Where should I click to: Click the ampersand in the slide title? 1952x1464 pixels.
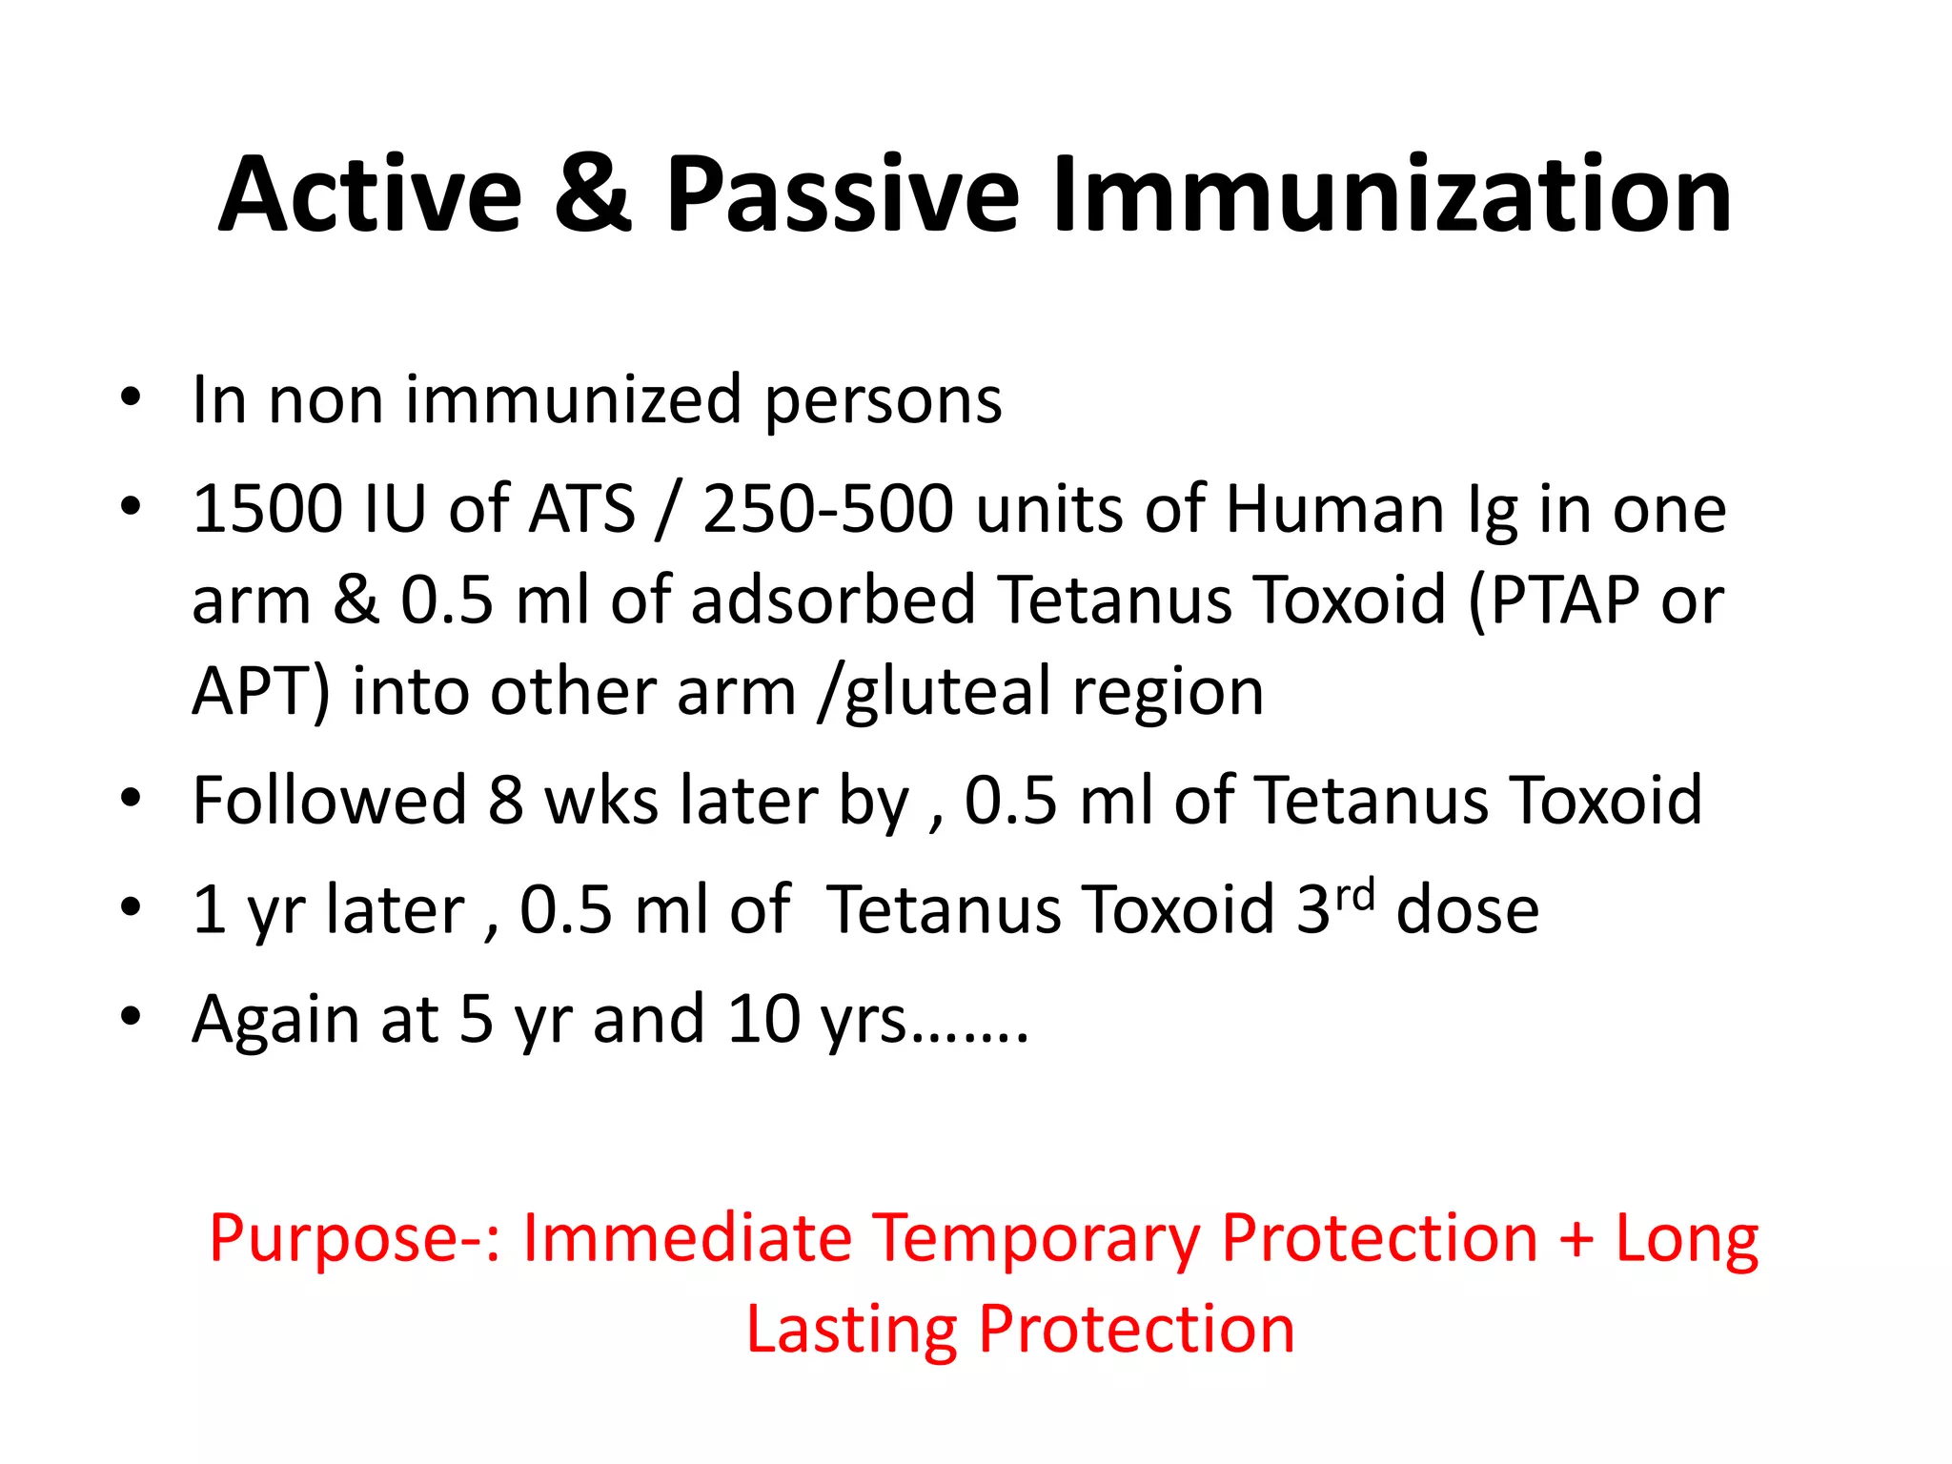pyautogui.click(x=593, y=194)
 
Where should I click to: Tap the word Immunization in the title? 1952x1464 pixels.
pyautogui.click(x=1392, y=194)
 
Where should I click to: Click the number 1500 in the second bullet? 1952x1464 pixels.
pyautogui.click(x=267, y=509)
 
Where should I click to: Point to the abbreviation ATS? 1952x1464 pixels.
pyautogui.click(x=581, y=509)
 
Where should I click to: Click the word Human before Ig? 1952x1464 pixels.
pyautogui.click(x=1334, y=509)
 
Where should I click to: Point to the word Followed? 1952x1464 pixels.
pyautogui.click(x=329, y=801)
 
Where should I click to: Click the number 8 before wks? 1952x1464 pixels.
pyautogui.click(x=506, y=801)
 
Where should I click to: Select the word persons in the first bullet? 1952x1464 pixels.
pyautogui.click(x=883, y=400)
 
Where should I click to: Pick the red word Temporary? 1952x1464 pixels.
pyautogui.click(x=1036, y=1239)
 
